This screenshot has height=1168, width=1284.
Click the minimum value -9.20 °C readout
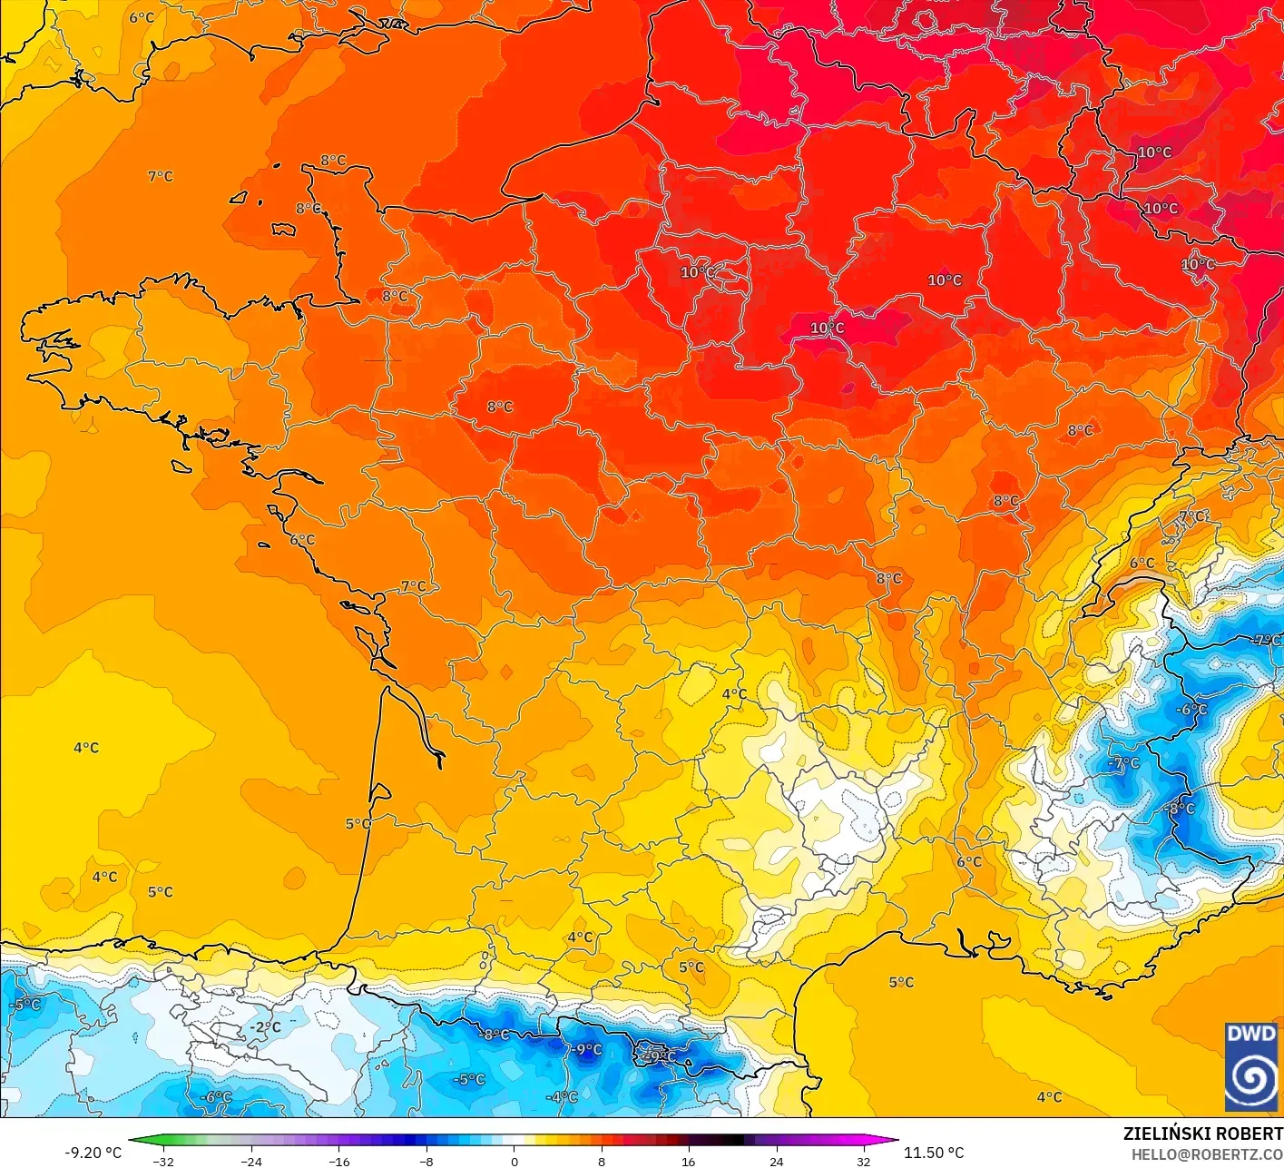(93, 1153)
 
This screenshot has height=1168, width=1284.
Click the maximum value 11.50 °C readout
(934, 1153)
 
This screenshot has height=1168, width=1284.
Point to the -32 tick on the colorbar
(163, 1161)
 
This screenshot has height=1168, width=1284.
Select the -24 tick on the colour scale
(251, 1161)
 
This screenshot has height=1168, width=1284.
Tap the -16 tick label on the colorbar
(338, 1161)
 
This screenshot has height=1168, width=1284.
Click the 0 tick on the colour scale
(514, 1161)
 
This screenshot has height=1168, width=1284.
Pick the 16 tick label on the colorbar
(689, 1161)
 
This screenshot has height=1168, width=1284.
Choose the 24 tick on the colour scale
(776, 1161)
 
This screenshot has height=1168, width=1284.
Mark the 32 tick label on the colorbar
(863, 1161)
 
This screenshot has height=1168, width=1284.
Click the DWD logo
(1250, 1066)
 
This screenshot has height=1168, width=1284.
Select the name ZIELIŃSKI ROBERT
(1202, 1134)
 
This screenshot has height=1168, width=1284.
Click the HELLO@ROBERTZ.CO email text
(1207, 1153)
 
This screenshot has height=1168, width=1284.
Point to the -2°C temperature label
(265, 1027)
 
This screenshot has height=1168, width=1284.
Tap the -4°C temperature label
(562, 1097)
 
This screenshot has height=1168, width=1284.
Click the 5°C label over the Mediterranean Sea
(901, 982)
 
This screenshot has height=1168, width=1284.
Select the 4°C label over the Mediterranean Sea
(1049, 1097)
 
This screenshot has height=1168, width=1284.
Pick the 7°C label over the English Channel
(161, 176)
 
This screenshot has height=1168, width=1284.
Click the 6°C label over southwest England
(142, 17)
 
